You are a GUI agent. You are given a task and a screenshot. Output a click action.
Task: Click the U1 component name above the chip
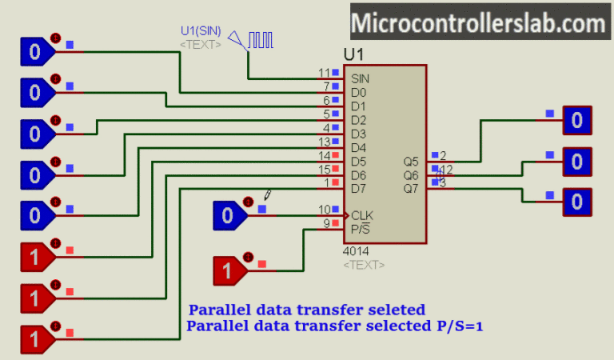(354, 54)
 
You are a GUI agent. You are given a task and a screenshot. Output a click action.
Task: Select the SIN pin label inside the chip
(360, 78)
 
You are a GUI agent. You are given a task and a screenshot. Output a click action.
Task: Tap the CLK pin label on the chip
(361, 215)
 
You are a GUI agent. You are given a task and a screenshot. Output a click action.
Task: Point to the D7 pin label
(358, 189)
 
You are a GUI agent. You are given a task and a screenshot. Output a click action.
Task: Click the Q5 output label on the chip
(411, 162)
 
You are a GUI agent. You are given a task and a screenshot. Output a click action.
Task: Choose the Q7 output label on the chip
(411, 189)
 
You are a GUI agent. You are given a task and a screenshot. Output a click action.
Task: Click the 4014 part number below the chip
(356, 251)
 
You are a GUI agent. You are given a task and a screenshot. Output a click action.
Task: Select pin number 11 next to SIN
(323, 73)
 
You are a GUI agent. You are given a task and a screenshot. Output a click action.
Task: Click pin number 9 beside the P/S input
(325, 223)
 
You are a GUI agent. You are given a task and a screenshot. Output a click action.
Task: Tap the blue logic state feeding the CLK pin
(228, 215)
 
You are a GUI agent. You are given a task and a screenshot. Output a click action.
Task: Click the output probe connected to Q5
(576, 121)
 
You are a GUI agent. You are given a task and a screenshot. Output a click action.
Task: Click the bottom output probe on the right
(576, 202)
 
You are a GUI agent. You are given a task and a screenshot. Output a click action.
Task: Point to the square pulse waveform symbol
(260, 39)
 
